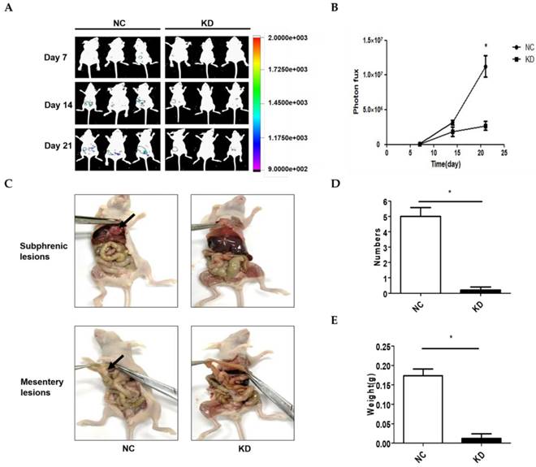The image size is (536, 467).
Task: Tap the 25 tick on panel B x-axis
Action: [504, 153]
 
